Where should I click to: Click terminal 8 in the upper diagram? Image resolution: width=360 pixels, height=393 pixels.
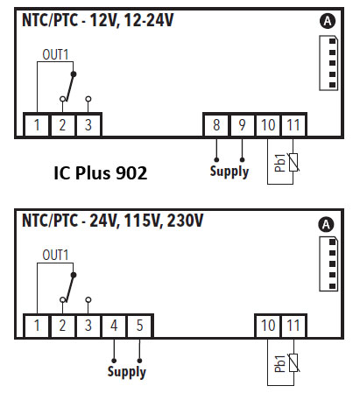[216, 125]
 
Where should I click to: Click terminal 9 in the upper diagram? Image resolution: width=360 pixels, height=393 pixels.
[242, 125]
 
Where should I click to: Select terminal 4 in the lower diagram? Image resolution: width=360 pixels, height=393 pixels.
[114, 326]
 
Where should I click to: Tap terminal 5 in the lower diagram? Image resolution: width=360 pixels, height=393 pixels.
[139, 326]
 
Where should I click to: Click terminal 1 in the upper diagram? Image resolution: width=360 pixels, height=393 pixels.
[37, 125]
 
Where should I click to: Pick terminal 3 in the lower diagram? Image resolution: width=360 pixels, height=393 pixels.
[88, 326]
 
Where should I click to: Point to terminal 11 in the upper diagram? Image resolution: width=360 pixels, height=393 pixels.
[293, 125]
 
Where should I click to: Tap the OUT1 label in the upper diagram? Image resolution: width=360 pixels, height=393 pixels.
[56, 53]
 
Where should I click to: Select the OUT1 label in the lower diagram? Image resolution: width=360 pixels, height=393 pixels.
[56, 255]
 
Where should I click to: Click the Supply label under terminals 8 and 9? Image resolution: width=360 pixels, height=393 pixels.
[229, 172]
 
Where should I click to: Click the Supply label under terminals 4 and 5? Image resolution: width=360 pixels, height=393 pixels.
[127, 372]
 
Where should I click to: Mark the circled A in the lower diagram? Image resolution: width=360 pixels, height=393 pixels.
[328, 224]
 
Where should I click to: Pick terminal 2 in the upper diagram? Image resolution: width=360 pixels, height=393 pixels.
[62, 125]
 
